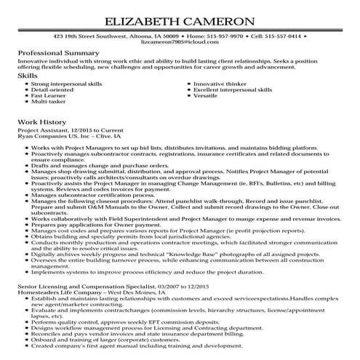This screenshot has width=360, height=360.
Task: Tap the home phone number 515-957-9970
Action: click(x=210, y=35)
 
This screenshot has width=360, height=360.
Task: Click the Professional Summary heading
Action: click(x=58, y=54)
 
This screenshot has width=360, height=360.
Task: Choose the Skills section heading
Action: click(x=28, y=75)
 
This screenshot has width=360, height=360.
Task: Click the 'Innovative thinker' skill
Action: click(x=219, y=84)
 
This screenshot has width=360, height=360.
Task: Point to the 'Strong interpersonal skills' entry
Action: click(x=66, y=84)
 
